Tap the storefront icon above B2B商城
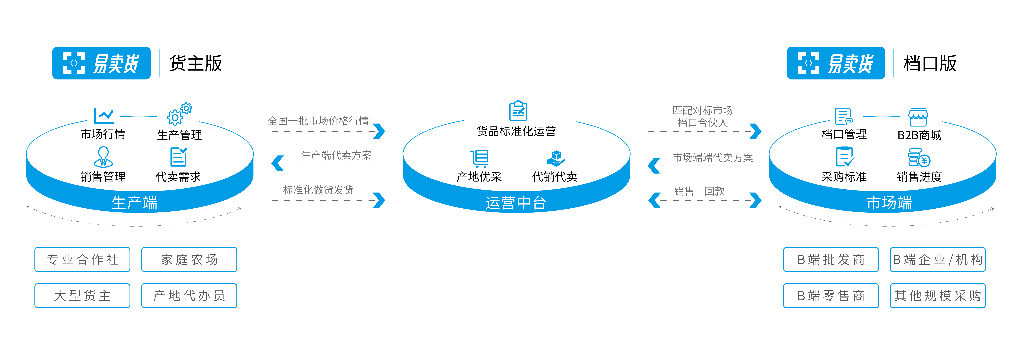(918, 117)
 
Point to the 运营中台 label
(516, 203)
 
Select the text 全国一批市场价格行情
(318, 121)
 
